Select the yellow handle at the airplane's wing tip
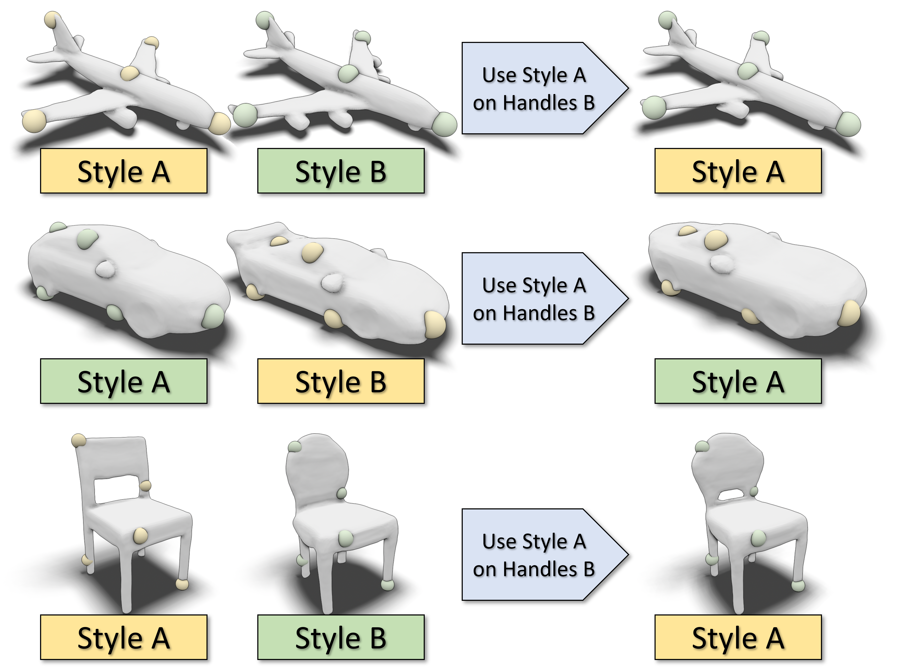point(34,121)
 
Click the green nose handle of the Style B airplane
point(444,124)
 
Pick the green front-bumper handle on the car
point(213,316)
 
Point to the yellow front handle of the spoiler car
point(435,324)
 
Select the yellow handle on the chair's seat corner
point(140,536)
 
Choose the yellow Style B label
point(340,381)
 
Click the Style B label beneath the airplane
point(340,170)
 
